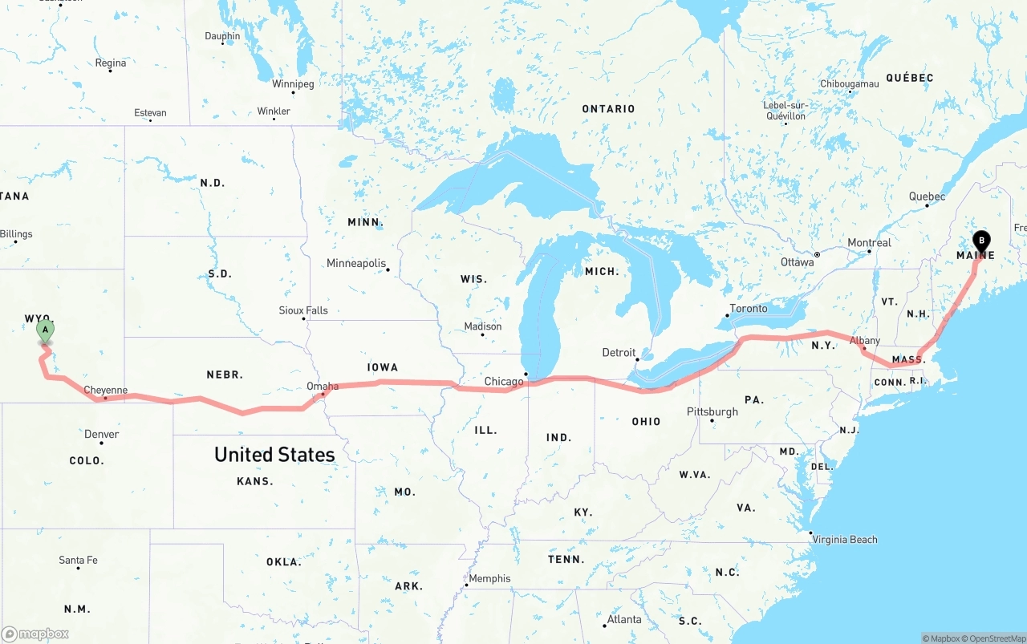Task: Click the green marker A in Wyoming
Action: (x=46, y=330)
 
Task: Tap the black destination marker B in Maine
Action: (x=980, y=241)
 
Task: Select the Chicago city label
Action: (x=504, y=381)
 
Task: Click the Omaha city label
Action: (x=323, y=387)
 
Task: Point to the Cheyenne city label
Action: (x=106, y=391)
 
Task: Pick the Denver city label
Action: (x=102, y=434)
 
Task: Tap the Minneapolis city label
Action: (x=356, y=263)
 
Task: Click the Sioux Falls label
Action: (x=303, y=310)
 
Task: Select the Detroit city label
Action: (x=619, y=352)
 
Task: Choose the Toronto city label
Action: (x=749, y=309)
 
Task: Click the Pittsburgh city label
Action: (x=712, y=411)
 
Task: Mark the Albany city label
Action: (x=865, y=341)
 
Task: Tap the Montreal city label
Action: (x=870, y=243)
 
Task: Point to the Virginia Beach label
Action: (x=845, y=540)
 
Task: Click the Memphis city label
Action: (x=489, y=578)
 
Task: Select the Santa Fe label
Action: (x=78, y=560)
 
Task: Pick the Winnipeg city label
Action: (x=293, y=83)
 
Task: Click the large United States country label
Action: (x=274, y=455)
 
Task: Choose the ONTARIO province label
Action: (x=608, y=109)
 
